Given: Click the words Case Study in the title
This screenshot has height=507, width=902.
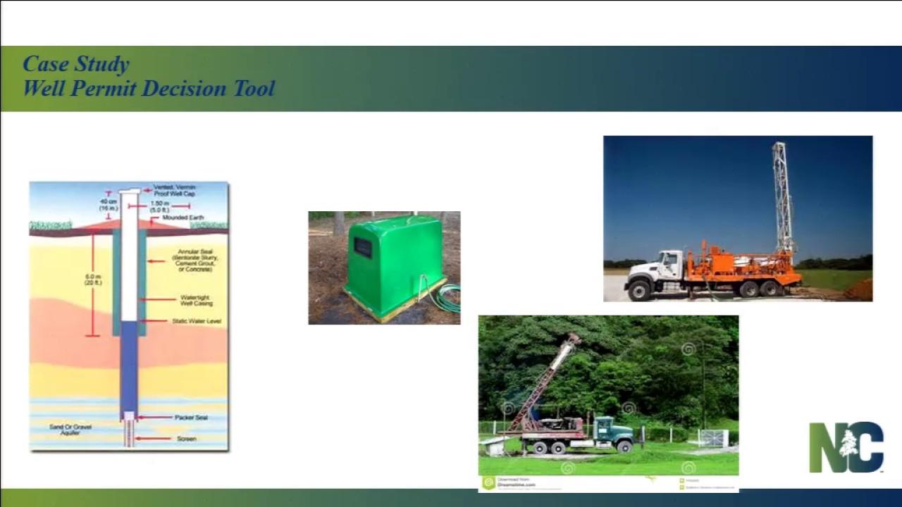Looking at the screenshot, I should pos(76,64).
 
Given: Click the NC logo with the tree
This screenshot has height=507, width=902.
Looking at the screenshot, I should pos(846,447).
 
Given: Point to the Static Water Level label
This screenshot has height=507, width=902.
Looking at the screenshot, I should pos(197,321).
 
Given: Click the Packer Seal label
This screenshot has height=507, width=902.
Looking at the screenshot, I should pos(190,418).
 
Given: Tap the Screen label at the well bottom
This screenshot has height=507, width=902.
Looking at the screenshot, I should pos(186,439).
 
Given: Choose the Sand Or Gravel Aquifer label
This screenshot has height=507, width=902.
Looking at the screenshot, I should pos(70,430).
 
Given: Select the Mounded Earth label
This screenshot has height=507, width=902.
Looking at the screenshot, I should pos(183,218).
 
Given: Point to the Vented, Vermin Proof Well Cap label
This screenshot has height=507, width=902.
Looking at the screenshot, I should pos(174,190).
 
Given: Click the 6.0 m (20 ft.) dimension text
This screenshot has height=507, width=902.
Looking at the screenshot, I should pos(93,279).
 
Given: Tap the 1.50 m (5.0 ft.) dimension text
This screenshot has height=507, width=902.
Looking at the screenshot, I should pos(159,206).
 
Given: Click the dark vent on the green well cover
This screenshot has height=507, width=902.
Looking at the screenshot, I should pos(363,247).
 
